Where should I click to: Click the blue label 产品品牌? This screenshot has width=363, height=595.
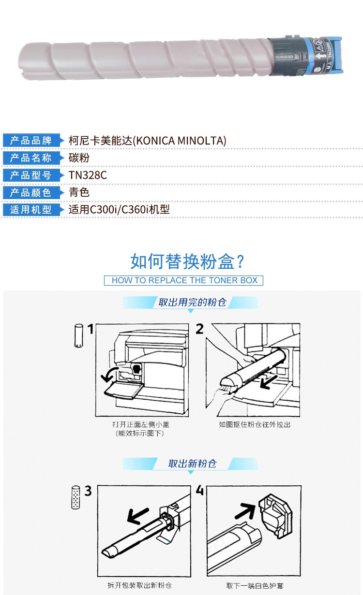pos(31,141)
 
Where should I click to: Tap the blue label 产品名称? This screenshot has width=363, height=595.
pos(31,158)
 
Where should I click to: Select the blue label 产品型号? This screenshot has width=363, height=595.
pos(31,175)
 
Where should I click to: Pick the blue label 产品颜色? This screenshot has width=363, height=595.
pos(31,192)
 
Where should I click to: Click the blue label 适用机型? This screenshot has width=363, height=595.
pos(31,210)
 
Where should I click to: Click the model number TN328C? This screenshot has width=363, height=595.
pos(88,175)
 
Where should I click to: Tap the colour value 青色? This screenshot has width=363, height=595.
pos(79,192)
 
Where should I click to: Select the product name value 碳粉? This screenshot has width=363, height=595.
pos(79,158)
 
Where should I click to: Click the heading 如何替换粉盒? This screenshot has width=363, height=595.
pos(187,261)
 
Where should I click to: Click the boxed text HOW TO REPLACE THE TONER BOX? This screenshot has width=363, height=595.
pos(184,280)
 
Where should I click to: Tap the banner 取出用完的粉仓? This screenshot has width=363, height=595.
pos(192,302)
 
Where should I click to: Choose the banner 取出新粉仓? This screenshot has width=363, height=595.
pos(192,464)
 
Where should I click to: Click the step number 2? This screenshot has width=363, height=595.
pos(200,329)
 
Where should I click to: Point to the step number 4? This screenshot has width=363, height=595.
pos(200,490)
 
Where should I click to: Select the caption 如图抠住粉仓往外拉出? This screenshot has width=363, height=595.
pos(255,424)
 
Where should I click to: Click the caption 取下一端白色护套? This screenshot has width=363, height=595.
pos(255,585)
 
